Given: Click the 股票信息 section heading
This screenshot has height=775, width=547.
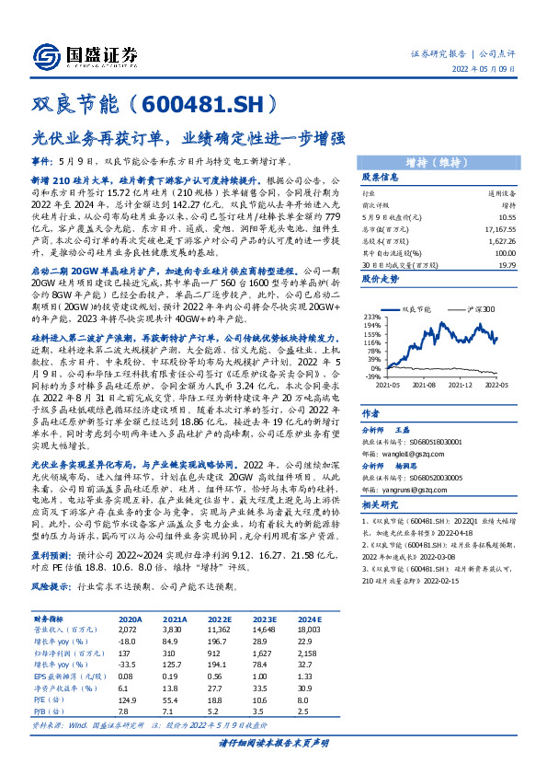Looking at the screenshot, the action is (380, 176).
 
